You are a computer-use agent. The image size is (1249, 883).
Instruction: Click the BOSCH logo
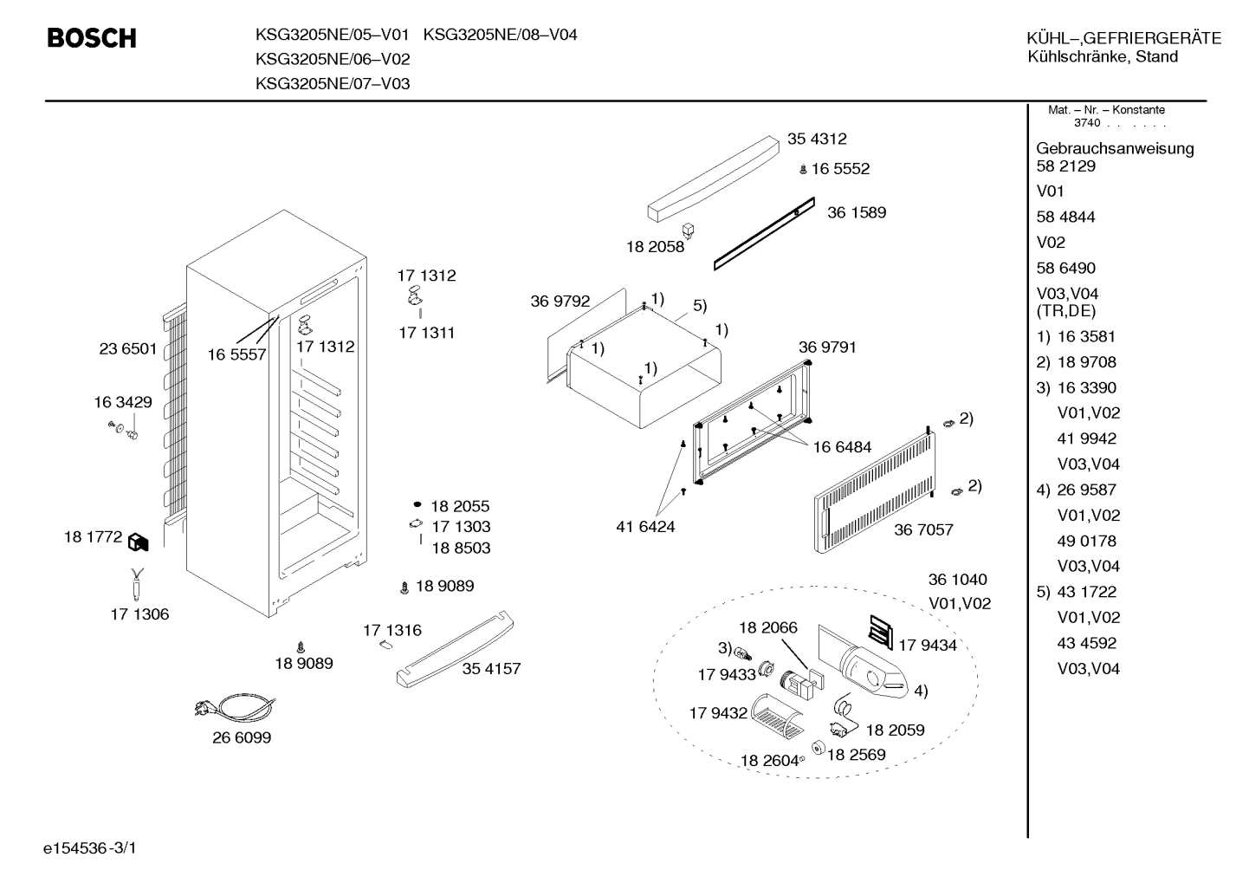point(92,38)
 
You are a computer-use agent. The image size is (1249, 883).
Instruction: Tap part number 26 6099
point(242,737)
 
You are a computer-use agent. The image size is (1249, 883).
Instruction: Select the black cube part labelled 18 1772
point(138,542)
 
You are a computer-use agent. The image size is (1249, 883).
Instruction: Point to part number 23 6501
point(127,349)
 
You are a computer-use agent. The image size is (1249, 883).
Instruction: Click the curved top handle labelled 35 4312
point(713,179)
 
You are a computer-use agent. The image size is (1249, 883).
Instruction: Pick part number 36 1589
point(857,212)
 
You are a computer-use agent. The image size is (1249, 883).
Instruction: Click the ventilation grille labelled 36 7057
point(874,492)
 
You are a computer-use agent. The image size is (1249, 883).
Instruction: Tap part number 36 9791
point(827,347)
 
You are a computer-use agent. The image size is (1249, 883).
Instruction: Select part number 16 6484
point(842,447)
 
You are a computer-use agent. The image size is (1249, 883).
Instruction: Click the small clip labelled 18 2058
point(688,230)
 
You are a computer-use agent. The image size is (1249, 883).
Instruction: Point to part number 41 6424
point(645,527)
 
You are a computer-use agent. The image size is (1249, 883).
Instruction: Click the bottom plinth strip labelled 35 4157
point(455,649)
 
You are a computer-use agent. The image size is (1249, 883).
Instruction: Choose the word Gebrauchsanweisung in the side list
point(1115,149)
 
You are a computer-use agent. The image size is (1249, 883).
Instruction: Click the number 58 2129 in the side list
point(1065,166)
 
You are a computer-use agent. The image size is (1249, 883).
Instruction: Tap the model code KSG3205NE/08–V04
point(500,35)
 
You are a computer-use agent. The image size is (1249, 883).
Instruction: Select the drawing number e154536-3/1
point(90,848)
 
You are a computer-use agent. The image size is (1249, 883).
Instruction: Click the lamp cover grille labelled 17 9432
point(777,717)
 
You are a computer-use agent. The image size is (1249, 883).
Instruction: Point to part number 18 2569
point(856,755)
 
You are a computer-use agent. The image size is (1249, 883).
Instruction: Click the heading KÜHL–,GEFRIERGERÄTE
point(1124,38)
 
